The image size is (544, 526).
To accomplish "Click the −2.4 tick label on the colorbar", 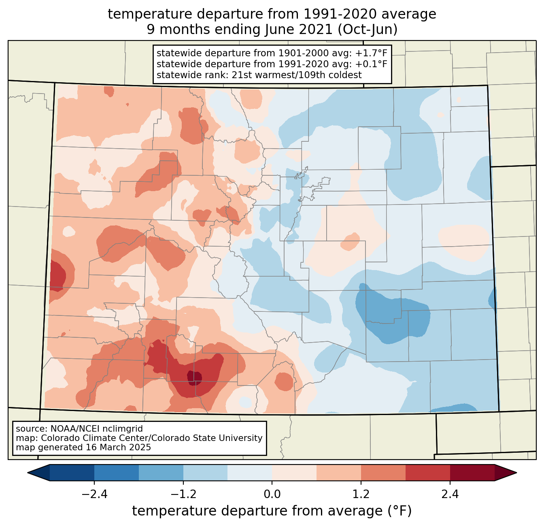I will click(x=94, y=494).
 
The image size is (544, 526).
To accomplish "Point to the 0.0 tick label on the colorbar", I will click(x=272, y=494).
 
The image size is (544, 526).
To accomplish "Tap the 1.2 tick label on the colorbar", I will click(x=361, y=494).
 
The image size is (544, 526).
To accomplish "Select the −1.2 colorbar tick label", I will click(x=183, y=494).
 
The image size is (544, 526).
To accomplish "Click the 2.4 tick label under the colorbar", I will click(x=450, y=494).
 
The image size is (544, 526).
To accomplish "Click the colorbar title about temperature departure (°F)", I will click(x=272, y=511).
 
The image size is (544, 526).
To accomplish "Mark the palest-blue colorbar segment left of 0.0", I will click(x=250, y=473).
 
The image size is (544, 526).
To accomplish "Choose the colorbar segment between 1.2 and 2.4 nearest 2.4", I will click(x=427, y=473).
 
